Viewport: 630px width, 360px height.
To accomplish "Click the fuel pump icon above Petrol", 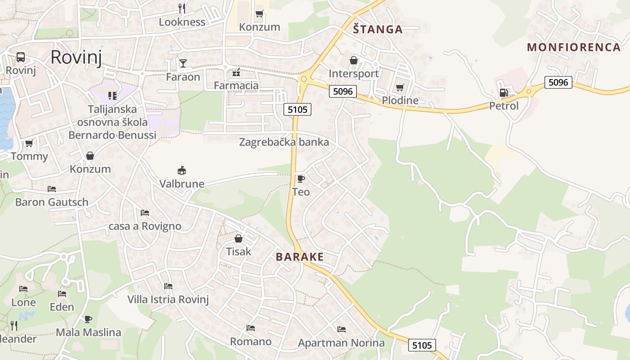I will (504, 93).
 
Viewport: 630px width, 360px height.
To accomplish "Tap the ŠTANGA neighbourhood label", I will (378, 29).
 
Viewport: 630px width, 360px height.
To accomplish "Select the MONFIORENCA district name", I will (574, 47).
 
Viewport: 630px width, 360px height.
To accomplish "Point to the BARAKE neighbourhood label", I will (300, 257).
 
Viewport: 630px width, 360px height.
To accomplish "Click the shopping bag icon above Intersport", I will (354, 60).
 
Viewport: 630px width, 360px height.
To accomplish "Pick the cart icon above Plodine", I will (400, 87).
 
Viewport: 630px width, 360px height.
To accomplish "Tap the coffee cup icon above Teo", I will (301, 179).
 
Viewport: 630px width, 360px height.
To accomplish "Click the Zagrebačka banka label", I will (284, 142).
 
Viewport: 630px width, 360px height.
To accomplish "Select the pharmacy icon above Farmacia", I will (236, 72).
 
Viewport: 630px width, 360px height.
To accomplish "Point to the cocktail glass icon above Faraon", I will (183, 63).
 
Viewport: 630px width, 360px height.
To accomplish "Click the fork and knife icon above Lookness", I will (182, 8).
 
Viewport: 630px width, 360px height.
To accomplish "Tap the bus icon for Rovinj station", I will (21, 57).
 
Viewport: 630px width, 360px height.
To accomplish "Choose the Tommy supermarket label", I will (29, 156).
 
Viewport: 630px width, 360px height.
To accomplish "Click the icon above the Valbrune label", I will (182, 170).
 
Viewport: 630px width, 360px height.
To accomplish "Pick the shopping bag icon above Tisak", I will (238, 238).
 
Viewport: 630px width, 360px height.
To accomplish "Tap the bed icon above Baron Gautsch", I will (52, 189).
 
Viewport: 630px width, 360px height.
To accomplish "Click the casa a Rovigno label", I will (145, 226).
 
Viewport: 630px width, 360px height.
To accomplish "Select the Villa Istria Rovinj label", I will (168, 299).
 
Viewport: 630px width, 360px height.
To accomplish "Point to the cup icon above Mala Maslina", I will (88, 319).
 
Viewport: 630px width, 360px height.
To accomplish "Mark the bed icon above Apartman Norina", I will (341, 329).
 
